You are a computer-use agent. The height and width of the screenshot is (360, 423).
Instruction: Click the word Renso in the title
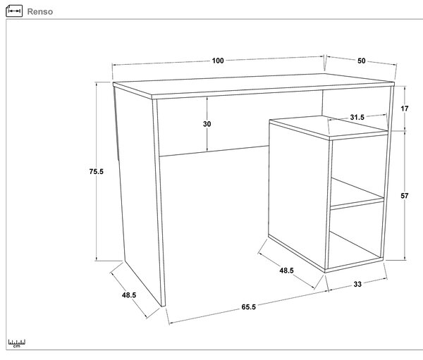40,11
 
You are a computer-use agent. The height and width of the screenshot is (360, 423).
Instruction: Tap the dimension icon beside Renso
14,11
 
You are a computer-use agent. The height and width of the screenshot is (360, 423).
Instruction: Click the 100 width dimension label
218,61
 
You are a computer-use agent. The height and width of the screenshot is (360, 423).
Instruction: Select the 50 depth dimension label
362,61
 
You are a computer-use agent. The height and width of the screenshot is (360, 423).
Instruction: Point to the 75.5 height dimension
97,171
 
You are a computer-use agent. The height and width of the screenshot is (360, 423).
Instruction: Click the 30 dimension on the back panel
207,124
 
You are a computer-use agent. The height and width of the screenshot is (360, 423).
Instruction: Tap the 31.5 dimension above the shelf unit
357,118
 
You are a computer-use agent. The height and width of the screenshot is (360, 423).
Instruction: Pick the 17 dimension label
405,108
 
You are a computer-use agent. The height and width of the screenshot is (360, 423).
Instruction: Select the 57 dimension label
405,196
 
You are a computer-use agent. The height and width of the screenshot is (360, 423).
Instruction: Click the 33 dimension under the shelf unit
357,284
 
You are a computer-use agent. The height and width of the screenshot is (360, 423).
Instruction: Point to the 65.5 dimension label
248,307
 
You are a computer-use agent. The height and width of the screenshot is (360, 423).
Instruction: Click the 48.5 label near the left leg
129,295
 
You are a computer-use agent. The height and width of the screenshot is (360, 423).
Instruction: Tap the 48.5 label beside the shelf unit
286,271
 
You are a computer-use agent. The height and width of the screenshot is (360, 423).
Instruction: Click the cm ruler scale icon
16,343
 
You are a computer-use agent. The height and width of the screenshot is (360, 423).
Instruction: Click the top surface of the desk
254,84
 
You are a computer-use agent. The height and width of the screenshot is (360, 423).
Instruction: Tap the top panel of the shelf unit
329,127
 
